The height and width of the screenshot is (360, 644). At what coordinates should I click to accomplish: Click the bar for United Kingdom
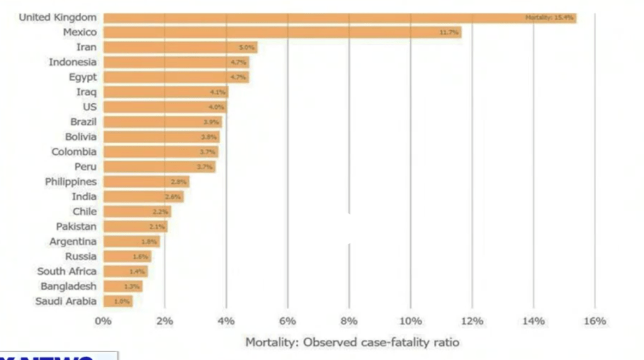[x=340, y=18]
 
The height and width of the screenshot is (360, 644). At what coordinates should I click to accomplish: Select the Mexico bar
[x=282, y=32]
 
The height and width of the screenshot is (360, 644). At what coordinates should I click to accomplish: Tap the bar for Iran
[x=180, y=47]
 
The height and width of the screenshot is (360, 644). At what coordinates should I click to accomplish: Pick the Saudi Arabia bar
[x=118, y=301]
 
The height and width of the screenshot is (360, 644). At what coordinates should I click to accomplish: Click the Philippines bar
[x=146, y=182]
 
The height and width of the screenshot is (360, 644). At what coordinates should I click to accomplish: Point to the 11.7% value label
[x=449, y=32]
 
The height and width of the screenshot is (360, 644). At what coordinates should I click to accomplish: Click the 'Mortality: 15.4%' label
[x=549, y=18]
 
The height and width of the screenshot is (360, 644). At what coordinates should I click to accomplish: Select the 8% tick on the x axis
[x=349, y=321]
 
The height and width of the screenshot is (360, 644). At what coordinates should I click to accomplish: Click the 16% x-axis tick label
[x=595, y=321]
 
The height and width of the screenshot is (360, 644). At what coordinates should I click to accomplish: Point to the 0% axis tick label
[x=103, y=321]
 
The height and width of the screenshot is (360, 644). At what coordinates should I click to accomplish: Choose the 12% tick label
[x=472, y=321]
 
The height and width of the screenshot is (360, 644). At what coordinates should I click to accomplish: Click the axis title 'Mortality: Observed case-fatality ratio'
[x=352, y=342]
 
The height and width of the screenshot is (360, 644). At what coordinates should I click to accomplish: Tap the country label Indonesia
[x=72, y=62]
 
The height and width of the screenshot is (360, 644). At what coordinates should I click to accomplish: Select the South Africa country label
[x=67, y=271]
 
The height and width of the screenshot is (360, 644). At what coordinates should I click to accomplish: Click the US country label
[x=89, y=107]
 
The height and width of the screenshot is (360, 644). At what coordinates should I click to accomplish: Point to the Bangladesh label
[x=69, y=286]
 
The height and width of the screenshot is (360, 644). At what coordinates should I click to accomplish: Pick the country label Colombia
[x=74, y=152]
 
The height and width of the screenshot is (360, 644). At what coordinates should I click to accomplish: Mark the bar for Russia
[x=127, y=257]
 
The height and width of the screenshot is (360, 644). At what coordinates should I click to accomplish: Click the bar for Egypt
[x=176, y=77]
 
